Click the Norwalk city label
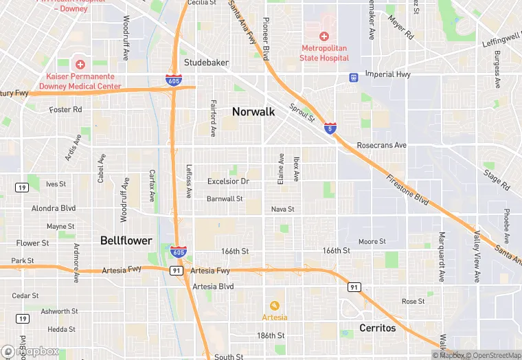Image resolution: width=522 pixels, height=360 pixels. coord(253,111)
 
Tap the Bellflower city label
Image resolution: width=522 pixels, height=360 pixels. coord(124,240)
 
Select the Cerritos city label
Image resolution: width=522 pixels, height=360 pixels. coord(378,328)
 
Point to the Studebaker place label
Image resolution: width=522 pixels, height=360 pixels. coord(206,63)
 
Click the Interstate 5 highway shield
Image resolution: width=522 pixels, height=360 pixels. coord(331,127)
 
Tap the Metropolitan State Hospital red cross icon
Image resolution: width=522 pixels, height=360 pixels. coord(324,36)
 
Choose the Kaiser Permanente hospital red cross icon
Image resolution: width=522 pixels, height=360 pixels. coord(80,65)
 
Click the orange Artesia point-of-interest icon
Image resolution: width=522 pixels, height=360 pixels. coord(275,305)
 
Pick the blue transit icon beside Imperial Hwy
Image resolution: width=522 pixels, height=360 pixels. coord(353,78)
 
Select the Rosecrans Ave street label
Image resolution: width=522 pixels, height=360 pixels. coord(382,146)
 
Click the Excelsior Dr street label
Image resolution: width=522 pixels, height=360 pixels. coord(228,181)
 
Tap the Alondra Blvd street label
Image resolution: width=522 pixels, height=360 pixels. coord(54,208)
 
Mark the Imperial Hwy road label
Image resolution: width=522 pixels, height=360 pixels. coord(387,74)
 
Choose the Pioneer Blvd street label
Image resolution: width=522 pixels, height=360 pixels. coord(265,43)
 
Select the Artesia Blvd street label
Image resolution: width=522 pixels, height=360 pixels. coord(213,286)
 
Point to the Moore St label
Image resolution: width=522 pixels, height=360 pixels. coord(372,242)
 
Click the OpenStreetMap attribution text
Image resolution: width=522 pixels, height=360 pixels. coord(494,355)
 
